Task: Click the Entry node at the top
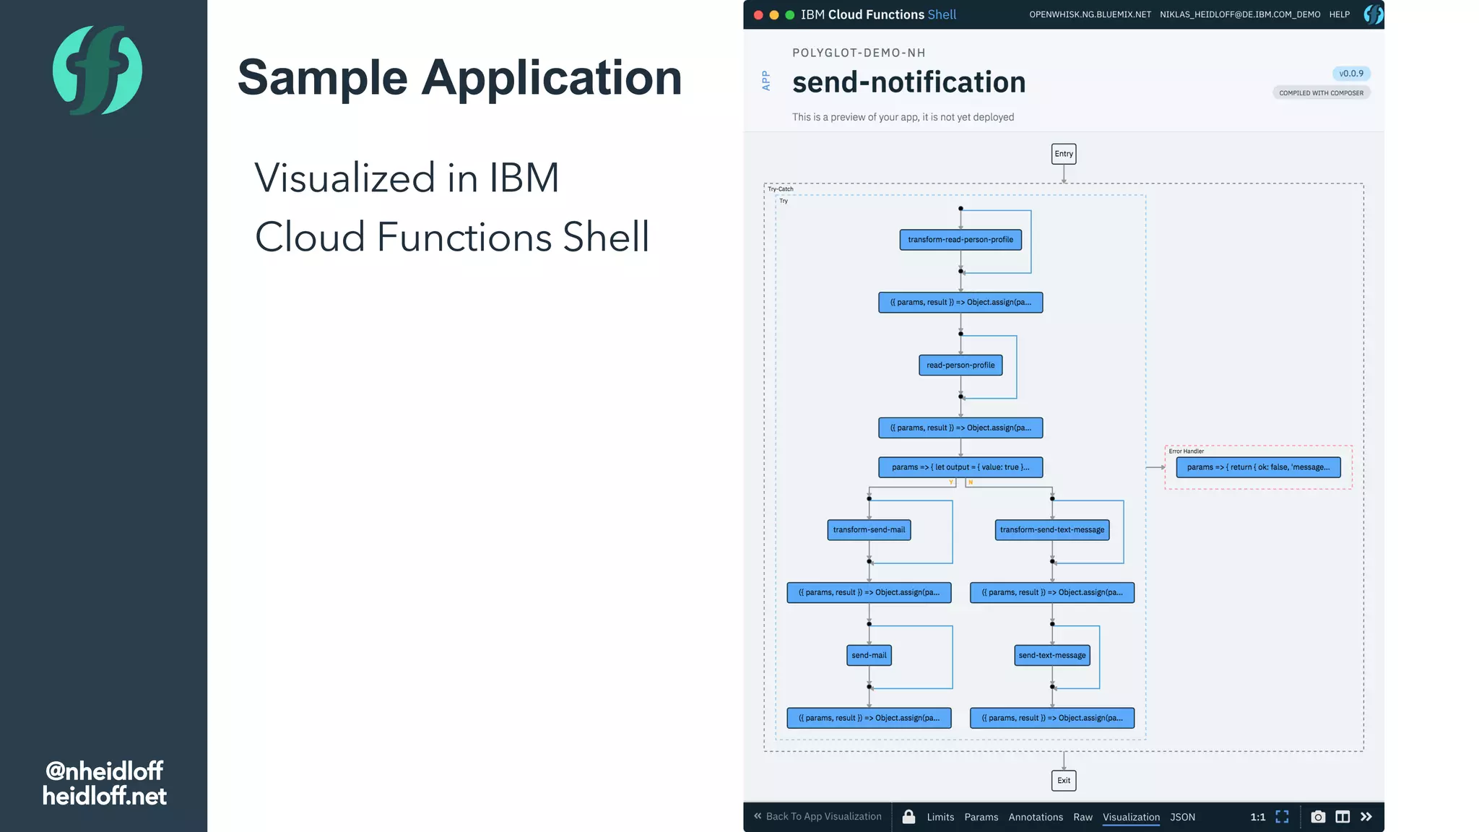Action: pos(1063,154)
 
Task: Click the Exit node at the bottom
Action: pos(1063,780)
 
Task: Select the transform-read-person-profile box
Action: pos(960,240)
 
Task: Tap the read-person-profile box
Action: pos(960,365)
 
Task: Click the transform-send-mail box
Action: pos(868,530)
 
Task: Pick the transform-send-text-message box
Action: pos(1051,530)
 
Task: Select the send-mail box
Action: pos(868,656)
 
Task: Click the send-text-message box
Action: pos(1051,656)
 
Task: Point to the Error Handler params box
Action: pos(1257,467)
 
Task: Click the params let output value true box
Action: pos(960,467)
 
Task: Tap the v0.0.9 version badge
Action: pos(1350,74)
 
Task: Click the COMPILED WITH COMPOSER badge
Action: pos(1321,93)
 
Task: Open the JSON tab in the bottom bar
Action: pos(1182,817)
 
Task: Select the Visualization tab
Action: pos(1130,817)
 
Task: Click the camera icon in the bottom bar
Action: pos(1317,817)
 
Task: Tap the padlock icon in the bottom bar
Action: pos(908,817)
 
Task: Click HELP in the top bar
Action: pos(1339,14)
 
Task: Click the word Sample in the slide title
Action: pos(322,78)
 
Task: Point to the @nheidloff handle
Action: pos(104,771)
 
